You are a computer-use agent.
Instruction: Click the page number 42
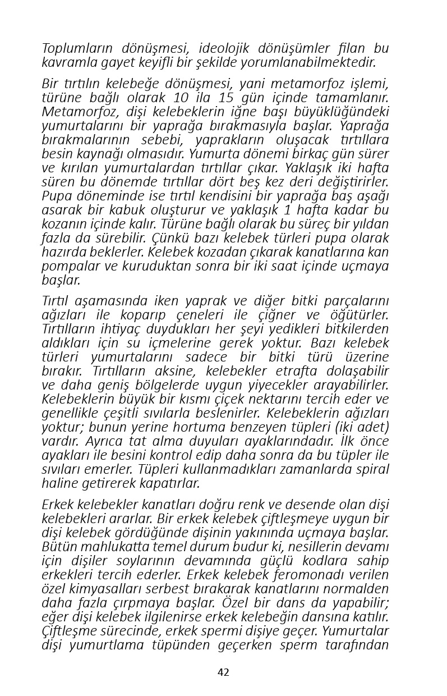pyautogui.click(x=223, y=672)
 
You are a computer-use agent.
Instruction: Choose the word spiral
pyautogui.click(x=370, y=470)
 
